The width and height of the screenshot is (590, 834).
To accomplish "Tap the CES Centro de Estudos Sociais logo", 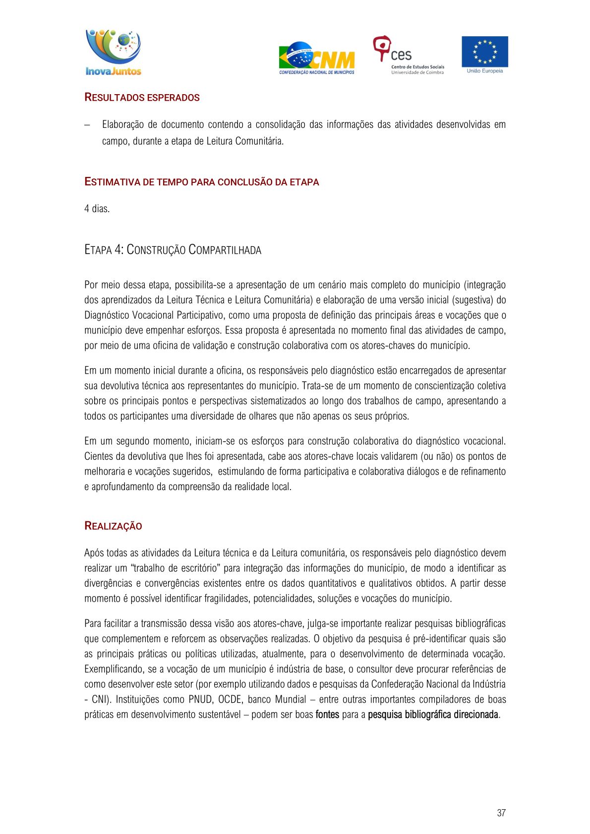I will [x=408, y=55].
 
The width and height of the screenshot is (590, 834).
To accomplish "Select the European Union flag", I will [x=484, y=52].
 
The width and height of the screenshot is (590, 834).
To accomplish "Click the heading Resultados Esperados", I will [x=142, y=98].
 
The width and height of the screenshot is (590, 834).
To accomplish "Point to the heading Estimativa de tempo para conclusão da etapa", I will [x=201, y=182].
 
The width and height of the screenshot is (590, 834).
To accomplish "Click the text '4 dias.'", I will [x=97, y=209].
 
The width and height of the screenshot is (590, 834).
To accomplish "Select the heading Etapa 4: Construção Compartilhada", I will [x=173, y=250].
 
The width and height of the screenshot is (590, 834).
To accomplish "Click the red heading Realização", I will [x=113, y=526].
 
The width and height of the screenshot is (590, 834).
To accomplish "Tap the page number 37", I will [x=501, y=813].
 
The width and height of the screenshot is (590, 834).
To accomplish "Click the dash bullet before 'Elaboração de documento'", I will [x=87, y=125].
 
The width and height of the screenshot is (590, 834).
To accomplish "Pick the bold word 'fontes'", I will [x=327, y=715].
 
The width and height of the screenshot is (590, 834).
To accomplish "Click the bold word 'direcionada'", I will [x=474, y=715].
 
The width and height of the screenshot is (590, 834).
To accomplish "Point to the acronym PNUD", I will [x=200, y=699].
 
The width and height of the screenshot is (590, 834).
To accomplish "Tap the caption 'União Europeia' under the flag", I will [x=484, y=71].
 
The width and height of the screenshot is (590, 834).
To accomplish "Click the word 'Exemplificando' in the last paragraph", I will [x=114, y=669].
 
